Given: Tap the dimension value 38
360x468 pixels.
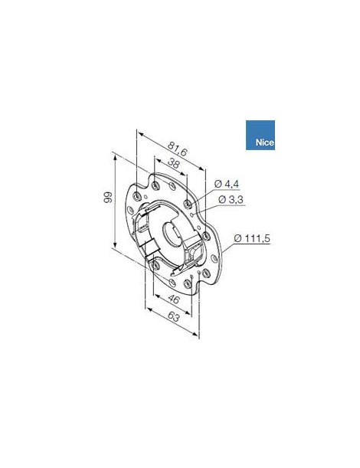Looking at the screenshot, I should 172,165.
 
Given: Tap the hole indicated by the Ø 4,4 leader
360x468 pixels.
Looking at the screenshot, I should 188,203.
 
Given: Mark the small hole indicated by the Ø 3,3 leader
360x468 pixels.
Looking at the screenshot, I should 195,218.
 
